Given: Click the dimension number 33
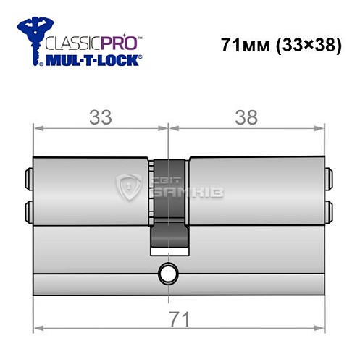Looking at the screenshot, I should (101, 117).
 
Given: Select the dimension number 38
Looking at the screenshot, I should (246, 117).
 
